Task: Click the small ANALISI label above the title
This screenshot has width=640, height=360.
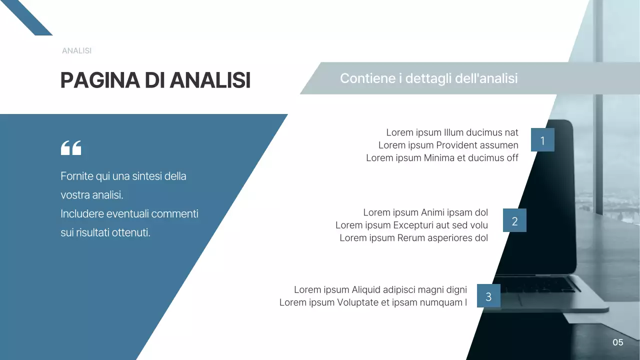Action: [76, 51]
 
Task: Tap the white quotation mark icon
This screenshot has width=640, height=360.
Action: [70, 148]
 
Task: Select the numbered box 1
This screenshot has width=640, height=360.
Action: [542, 140]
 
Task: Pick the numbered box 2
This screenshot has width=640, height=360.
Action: [514, 220]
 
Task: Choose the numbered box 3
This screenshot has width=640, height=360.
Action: [488, 296]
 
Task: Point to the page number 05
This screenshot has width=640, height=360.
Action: [618, 342]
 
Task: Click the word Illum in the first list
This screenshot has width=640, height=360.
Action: [453, 133]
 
